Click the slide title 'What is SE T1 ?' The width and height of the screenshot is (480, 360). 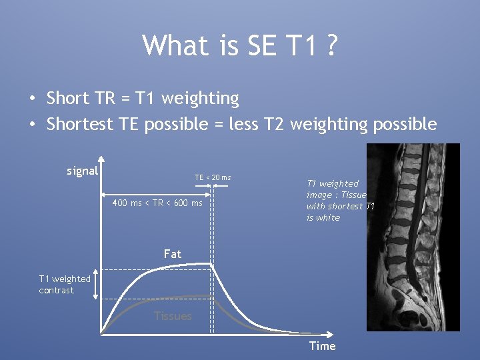pos(240,45)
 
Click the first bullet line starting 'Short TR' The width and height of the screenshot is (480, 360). pos(142,99)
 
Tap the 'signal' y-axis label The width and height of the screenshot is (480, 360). pos(83,171)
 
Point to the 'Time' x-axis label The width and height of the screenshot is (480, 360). pos(322,345)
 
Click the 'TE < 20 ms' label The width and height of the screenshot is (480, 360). pos(213,177)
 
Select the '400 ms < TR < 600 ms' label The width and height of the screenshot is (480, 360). pos(157,203)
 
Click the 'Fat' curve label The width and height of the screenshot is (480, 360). pos(172,254)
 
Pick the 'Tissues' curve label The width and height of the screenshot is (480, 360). pos(173,316)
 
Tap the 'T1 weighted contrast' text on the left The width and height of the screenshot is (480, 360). pos(65,285)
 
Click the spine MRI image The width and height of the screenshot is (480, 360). pos(413,237)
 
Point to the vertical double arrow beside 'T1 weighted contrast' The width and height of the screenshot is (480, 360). pos(96,285)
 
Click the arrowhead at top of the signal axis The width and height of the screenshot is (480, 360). pos(101,159)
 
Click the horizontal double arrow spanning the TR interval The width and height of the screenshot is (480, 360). pos(157,195)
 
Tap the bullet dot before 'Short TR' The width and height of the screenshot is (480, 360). pos(32,99)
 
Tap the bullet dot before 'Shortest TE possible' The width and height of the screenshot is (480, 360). pos(32,125)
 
